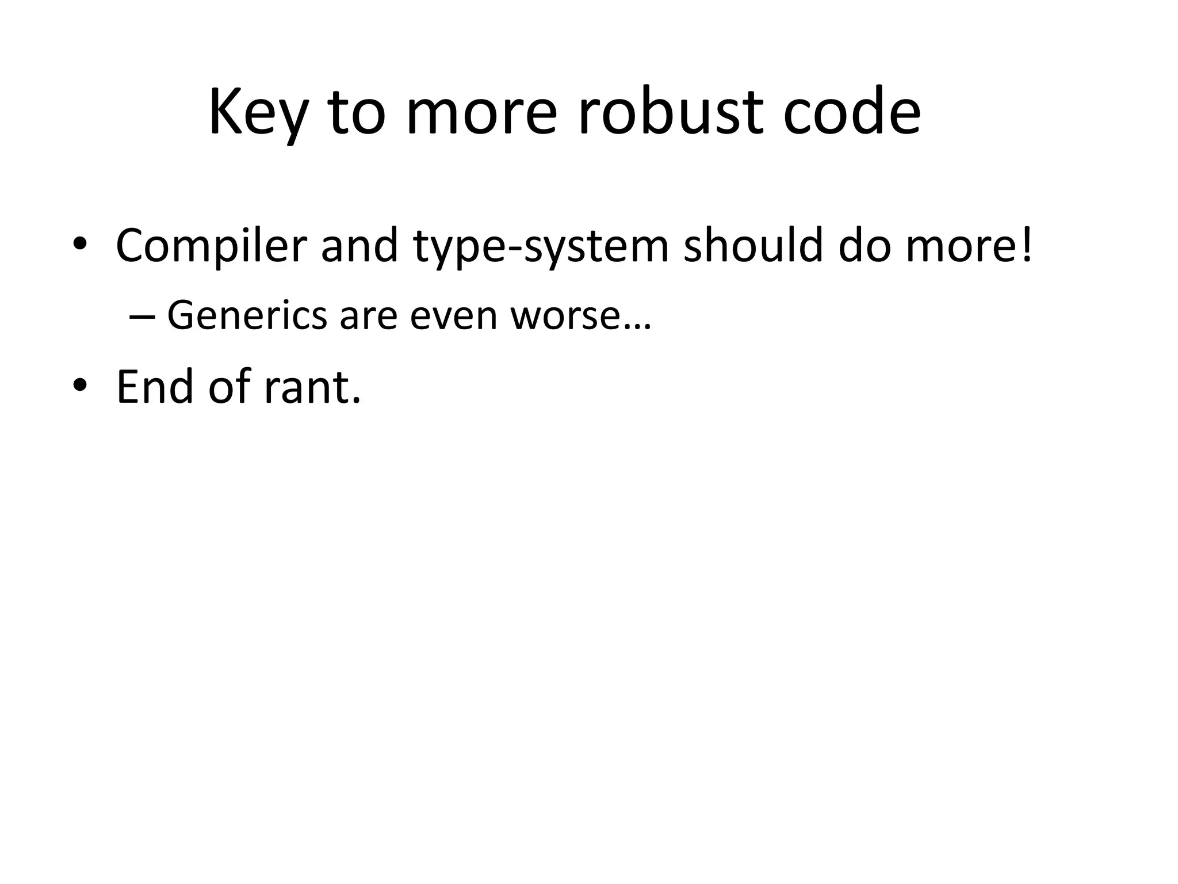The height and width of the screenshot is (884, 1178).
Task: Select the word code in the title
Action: coord(851,113)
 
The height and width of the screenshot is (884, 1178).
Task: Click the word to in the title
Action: coord(356,113)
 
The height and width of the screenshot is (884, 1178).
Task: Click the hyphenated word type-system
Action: coord(541,246)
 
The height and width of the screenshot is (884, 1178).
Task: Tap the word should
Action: coord(752,246)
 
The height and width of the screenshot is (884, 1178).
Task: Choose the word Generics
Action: coord(247,316)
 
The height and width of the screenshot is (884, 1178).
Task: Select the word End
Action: coord(155,387)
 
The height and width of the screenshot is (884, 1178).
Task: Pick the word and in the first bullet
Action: coord(359,246)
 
